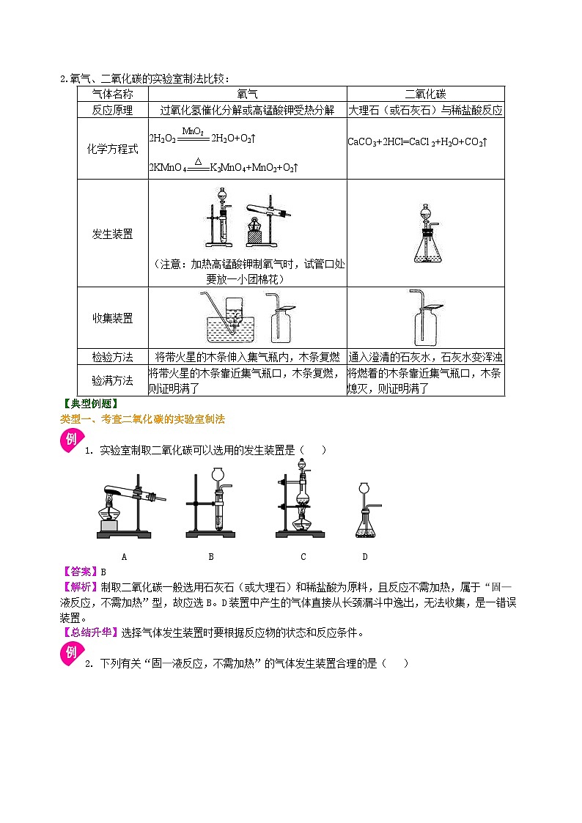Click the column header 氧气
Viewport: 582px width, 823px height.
point(248,94)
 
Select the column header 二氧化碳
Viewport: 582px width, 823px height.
point(425,94)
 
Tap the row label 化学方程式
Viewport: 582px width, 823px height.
point(113,149)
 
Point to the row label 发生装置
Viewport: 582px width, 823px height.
point(113,234)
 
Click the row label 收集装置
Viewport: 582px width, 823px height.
point(113,318)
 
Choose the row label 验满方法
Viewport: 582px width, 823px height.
point(113,380)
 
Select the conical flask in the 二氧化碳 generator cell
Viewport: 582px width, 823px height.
point(425,249)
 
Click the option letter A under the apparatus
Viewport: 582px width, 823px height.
point(125,556)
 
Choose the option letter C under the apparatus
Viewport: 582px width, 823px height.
point(303,556)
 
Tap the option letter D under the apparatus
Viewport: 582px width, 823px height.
point(364,556)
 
